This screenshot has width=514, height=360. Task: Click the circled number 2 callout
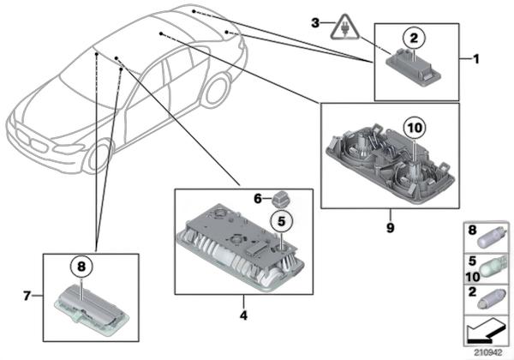click(414, 37)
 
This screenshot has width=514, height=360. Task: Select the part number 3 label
click(314, 21)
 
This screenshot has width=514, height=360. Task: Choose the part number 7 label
click(27, 296)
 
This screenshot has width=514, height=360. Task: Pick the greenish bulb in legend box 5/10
click(493, 266)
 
